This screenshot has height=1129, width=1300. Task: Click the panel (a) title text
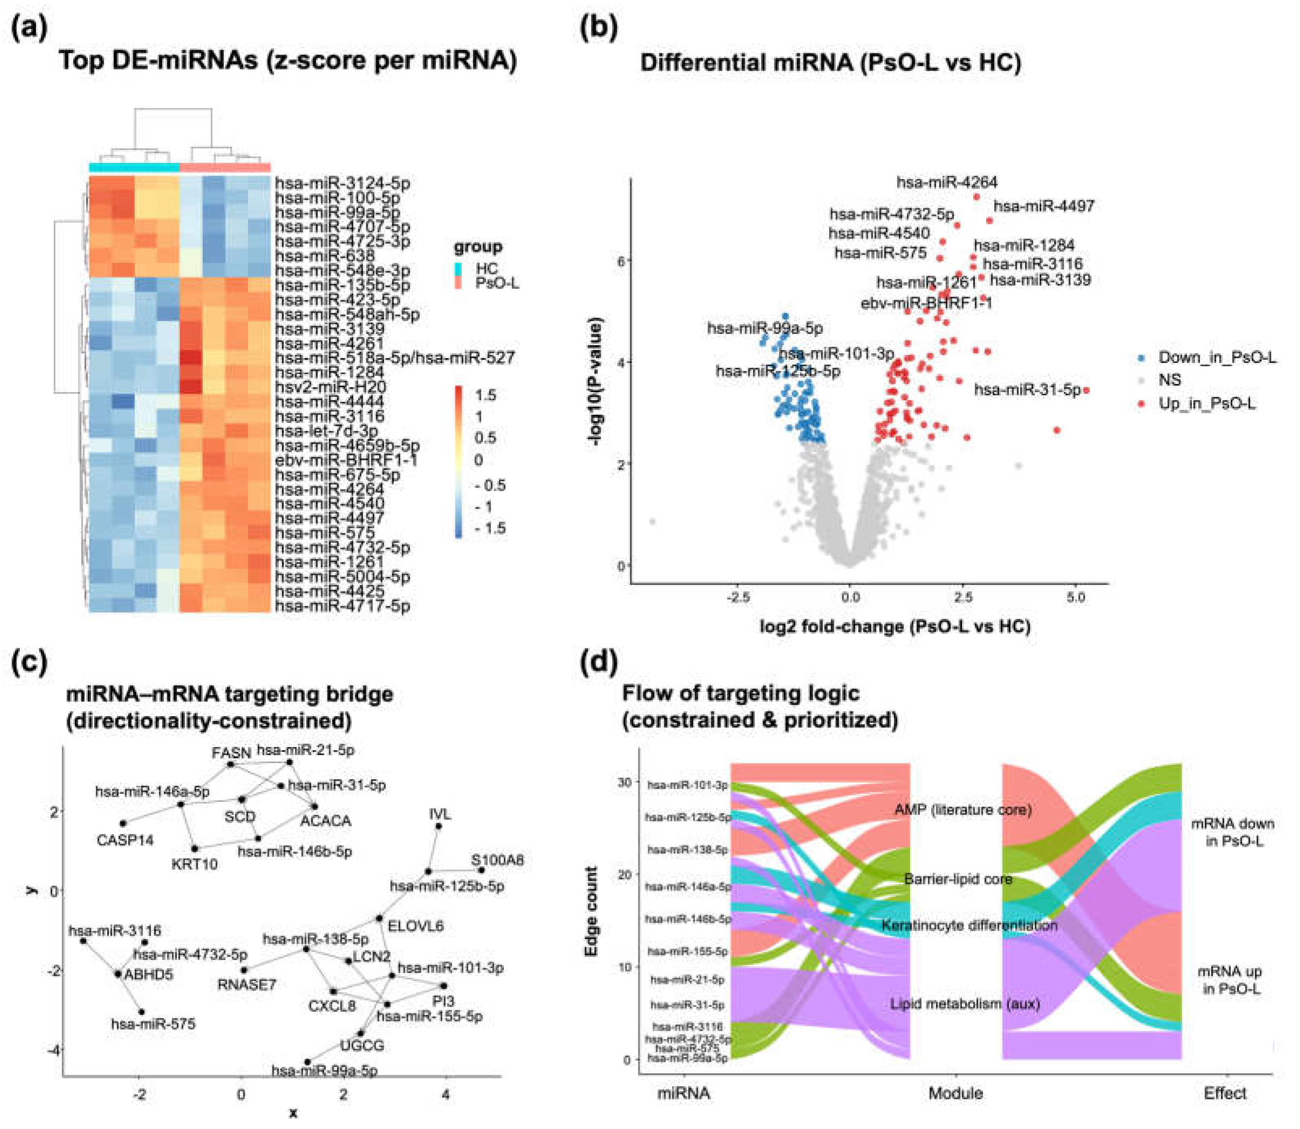287,61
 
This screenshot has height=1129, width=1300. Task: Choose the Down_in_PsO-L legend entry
1216,358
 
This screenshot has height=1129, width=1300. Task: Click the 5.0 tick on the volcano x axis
1076,597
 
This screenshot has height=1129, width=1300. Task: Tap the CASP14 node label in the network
125,840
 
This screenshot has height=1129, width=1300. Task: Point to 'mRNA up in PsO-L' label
1231,980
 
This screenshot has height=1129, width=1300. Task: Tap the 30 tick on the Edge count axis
624,782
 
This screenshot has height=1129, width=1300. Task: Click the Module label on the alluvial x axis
955,1093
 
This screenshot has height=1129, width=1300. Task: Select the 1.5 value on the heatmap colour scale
485,396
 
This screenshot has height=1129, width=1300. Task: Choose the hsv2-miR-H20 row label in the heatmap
330,387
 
